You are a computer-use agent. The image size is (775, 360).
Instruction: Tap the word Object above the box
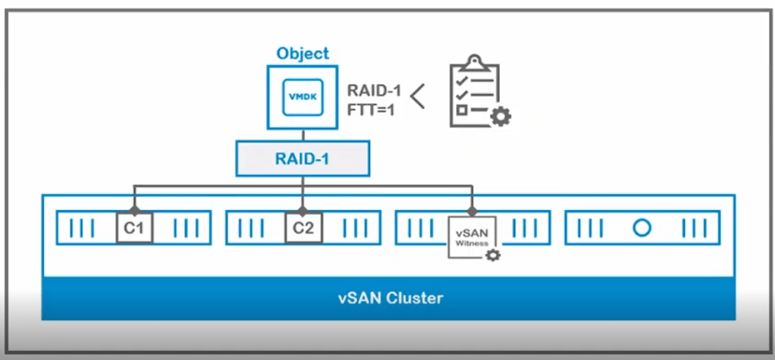303,54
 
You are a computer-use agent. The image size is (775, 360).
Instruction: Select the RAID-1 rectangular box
303,160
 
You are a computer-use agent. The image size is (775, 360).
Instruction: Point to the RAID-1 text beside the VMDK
372,90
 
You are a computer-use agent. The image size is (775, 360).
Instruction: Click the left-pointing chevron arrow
417,96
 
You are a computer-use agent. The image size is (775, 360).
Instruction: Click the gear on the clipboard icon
500,116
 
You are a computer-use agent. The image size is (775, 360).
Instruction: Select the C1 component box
134,227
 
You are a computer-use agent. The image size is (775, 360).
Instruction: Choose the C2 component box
303,227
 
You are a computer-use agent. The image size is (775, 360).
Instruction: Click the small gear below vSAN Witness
493,255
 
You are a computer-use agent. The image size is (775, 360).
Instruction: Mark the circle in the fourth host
642,227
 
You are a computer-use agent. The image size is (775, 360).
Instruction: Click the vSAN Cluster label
390,297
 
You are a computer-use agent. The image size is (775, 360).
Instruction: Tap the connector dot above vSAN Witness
472,209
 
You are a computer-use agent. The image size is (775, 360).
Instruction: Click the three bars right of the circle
694,227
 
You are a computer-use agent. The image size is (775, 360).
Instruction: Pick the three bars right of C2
355,227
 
